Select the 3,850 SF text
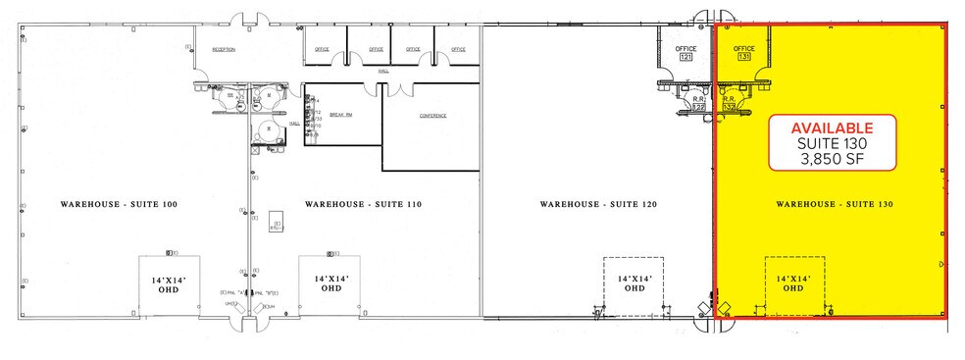(x=832, y=161)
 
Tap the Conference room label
(x=432, y=115)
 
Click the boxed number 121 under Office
(x=686, y=58)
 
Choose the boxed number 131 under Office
(x=743, y=58)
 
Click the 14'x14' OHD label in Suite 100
(x=170, y=284)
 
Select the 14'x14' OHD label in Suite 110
(x=331, y=284)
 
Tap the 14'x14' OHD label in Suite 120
(x=635, y=284)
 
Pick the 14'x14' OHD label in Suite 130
(x=794, y=284)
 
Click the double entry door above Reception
(x=244, y=20)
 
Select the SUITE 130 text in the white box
(x=832, y=145)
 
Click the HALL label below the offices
(x=384, y=72)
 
